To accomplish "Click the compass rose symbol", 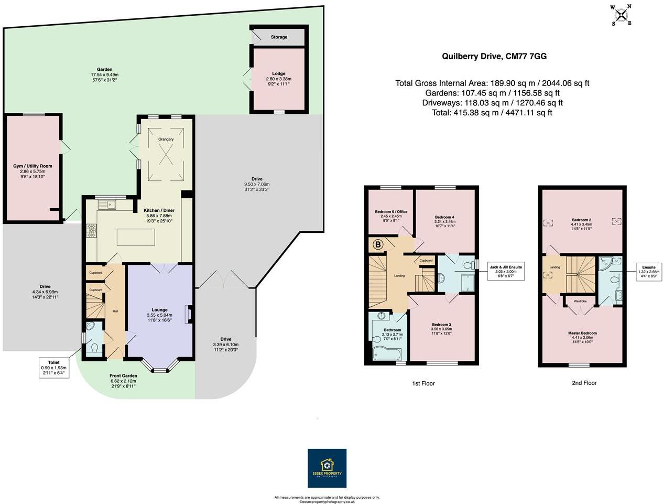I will [x=622, y=15].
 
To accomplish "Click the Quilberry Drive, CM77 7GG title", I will [x=494, y=57].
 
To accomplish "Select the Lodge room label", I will [x=278, y=74].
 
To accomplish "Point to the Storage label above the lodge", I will [x=279, y=37].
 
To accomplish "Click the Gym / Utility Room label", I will [x=32, y=166].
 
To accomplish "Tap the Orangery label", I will [x=166, y=139].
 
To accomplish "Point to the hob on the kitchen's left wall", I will [x=92, y=230].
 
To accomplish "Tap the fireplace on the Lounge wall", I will [x=187, y=315].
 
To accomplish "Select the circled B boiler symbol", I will [x=378, y=244].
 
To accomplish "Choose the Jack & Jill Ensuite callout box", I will [x=505, y=272].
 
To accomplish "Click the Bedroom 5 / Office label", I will [x=390, y=212].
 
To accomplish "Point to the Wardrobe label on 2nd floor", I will [x=580, y=301].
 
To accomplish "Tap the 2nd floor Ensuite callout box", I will [x=648, y=272].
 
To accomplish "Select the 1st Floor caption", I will [x=423, y=383].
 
